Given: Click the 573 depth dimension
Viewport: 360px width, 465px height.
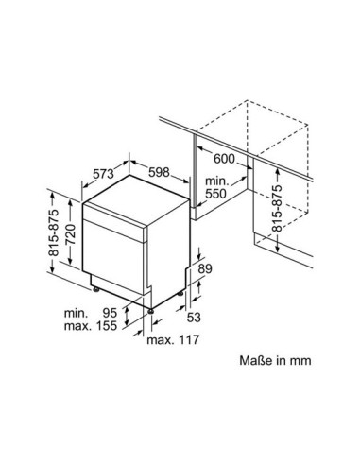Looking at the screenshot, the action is coord(103,173).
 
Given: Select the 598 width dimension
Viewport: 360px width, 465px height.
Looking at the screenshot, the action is coord(159,172).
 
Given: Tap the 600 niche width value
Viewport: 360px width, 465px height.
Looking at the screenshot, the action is coord(224,159).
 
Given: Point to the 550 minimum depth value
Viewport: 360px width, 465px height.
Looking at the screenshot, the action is coord(215,194).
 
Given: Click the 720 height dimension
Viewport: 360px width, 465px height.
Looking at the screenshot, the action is coord(70,234).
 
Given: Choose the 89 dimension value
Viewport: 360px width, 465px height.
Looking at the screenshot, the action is coord(205,268).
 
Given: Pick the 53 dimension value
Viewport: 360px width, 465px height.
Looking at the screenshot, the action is coord(194,317).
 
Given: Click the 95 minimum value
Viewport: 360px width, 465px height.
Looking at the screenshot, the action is coord(110,313).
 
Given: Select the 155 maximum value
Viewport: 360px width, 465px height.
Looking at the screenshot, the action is coord(106,325).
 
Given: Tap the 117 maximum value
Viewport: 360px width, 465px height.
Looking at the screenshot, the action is coord(189,339).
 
